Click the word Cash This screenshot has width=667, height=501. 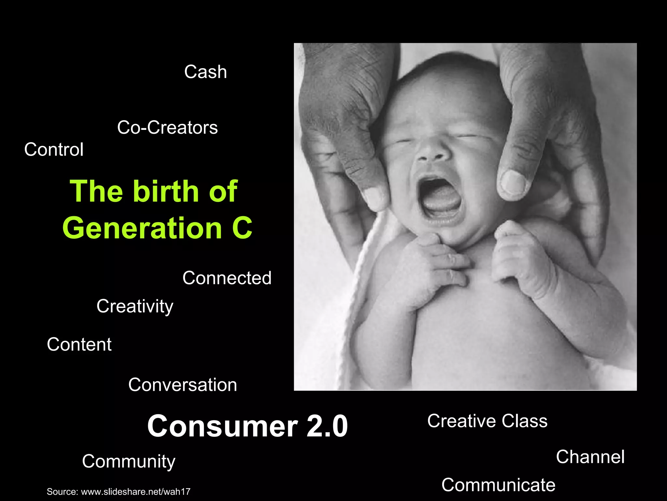tap(206, 72)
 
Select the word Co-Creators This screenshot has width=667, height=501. tap(167, 128)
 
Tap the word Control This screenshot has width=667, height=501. tap(54, 150)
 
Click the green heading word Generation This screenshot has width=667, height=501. tap(142, 228)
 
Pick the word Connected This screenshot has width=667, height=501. tap(227, 278)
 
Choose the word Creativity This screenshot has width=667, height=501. tap(135, 306)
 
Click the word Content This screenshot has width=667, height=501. tap(79, 344)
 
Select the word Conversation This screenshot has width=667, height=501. tap(182, 385)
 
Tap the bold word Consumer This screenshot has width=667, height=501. tap(222, 426)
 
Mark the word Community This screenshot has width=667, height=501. tap(129, 462)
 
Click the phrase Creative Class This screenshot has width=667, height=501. tap(487, 421)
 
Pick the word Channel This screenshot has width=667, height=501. tap(590, 457)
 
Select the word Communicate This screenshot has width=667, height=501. tap(498, 485)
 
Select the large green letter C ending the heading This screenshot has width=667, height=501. tap(242, 228)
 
